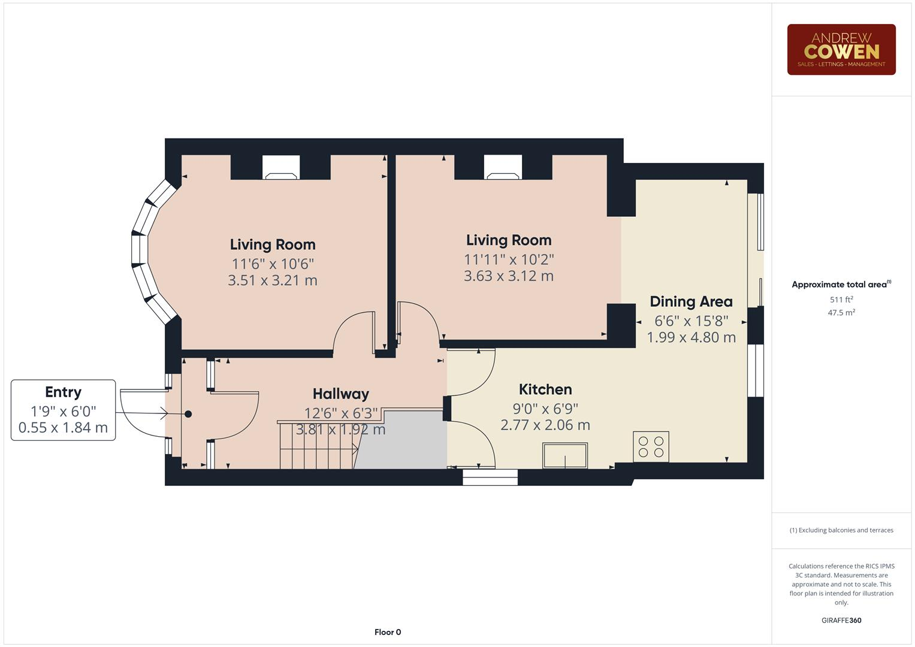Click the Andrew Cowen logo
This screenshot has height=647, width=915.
coord(841,49)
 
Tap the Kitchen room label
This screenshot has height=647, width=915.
coord(545,389)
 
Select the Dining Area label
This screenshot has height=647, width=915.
coord(691,301)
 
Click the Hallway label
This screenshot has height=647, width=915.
coord(341,394)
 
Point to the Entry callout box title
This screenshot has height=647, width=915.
coord(64,392)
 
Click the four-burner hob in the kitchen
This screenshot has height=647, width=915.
coord(651,446)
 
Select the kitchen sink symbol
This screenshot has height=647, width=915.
coord(565,455)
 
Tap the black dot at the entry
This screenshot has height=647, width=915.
coord(188,414)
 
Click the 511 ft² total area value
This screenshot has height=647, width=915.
coord(841,299)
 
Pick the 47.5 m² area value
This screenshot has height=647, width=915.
coord(841,313)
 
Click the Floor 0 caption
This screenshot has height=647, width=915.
coord(388,632)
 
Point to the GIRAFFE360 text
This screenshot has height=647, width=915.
coord(841,620)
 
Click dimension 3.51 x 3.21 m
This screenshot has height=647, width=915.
coord(273,280)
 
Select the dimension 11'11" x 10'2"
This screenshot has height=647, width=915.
coord(509,259)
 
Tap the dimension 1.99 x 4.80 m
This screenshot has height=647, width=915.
coord(691,337)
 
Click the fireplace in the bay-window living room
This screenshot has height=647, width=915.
coord(281,168)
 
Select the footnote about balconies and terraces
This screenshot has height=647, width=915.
coord(841,530)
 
